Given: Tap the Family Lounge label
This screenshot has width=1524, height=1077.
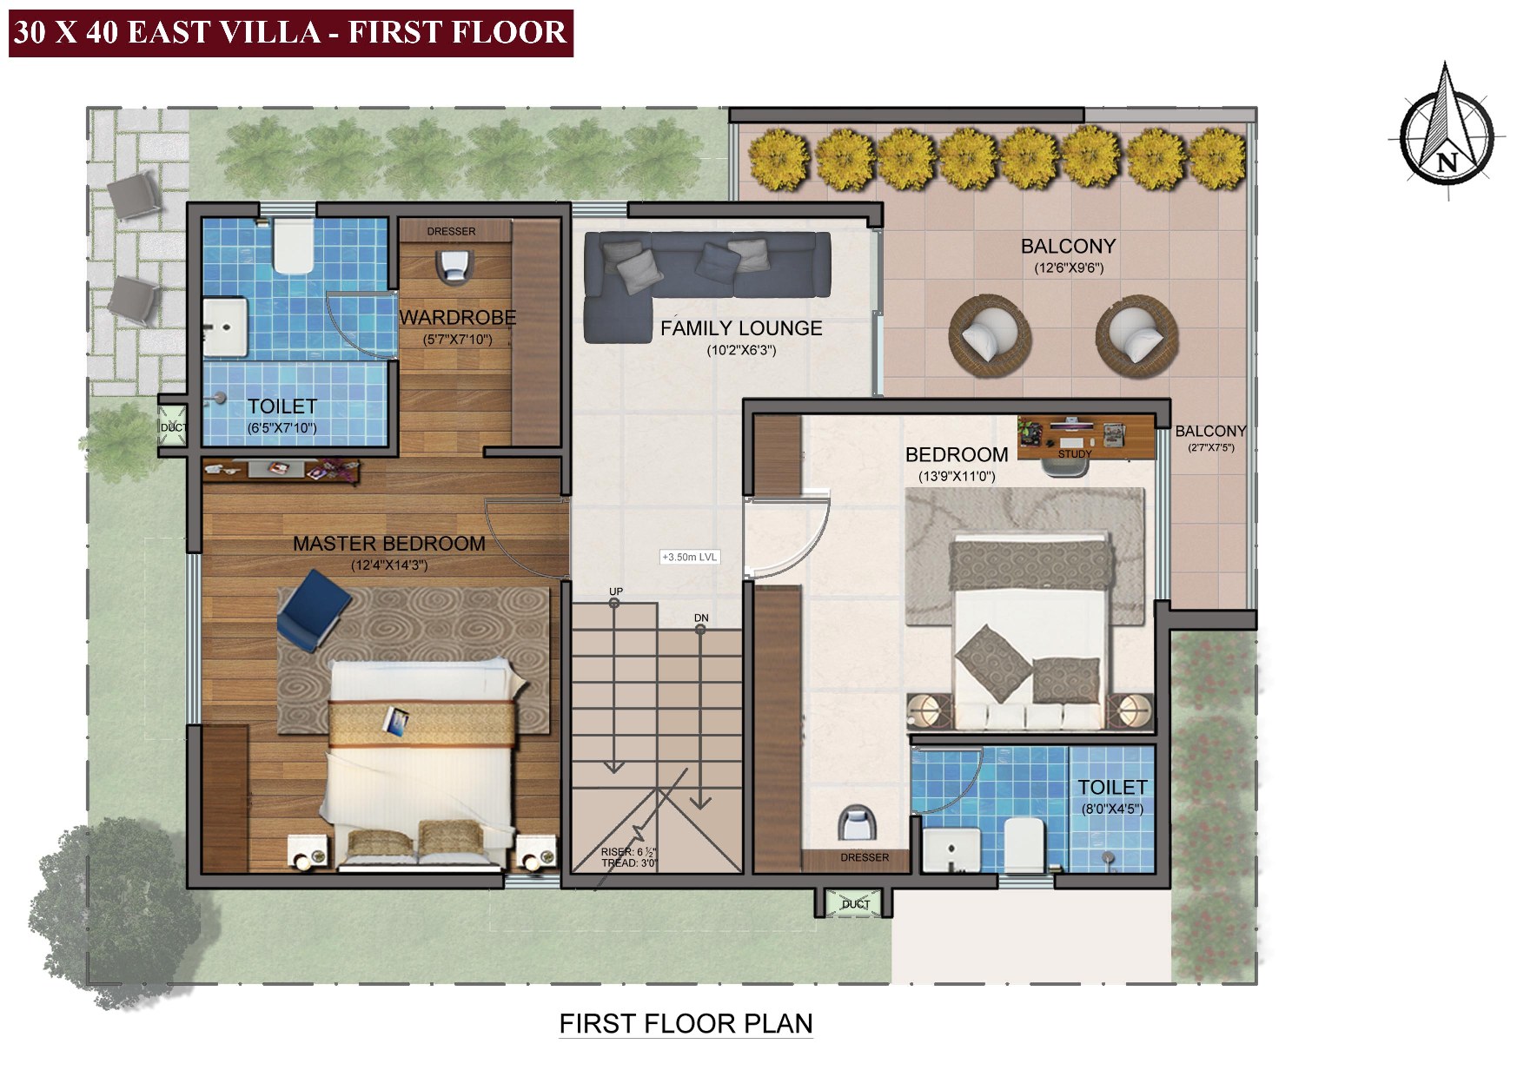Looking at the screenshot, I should click(x=740, y=328).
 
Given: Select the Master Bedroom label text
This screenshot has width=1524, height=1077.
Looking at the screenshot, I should click(x=388, y=544).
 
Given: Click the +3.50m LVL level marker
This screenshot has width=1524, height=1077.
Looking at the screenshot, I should click(x=690, y=557).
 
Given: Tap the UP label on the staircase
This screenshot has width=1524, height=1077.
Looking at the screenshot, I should click(x=616, y=591).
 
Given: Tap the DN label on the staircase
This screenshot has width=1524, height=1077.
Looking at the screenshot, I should click(x=701, y=618).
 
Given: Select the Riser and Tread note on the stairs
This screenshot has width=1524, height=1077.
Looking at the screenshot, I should click(x=629, y=858).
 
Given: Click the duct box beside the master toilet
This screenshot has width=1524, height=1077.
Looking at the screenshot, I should click(x=172, y=426).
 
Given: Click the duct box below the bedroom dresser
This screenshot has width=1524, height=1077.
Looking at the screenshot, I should click(x=855, y=904).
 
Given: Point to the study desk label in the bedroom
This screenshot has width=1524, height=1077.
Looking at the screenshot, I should click(x=1074, y=454).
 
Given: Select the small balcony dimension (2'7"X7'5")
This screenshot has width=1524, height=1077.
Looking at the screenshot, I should click(x=1210, y=448).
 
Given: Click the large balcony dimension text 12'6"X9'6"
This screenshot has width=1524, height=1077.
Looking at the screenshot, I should click(x=1068, y=268).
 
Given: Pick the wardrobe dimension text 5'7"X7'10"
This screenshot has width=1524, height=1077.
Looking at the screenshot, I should click(x=457, y=340).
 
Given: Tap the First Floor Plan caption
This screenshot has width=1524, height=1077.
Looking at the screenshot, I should click(x=686, y=1024).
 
